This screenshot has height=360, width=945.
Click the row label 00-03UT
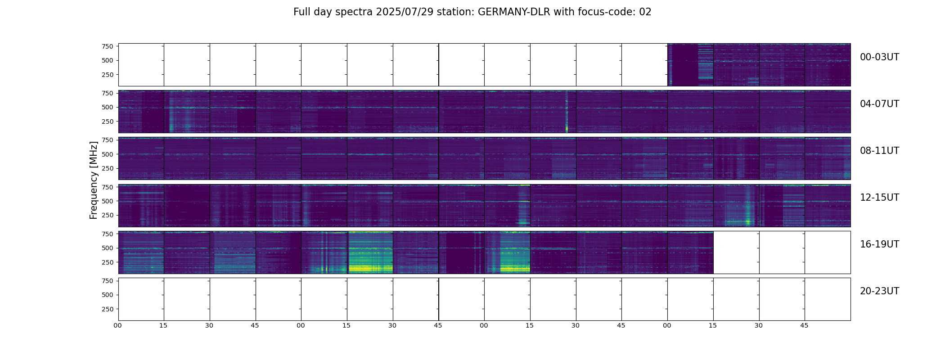tap(879, 57)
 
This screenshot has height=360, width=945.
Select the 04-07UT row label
tap(879, 104)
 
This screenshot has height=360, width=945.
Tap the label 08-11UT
tap(879, 151)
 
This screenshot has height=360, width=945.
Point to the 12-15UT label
tap(879, 198)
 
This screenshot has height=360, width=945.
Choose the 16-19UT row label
tap(879, 244)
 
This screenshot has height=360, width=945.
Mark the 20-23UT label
tap(879, 291)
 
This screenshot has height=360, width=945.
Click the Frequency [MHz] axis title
tap(94, 180)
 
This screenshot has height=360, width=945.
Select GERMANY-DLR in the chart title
tap(513, 12)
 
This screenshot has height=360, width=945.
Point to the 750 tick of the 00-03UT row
tap(108, 46)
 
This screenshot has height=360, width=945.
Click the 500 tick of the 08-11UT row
tap(108, 154)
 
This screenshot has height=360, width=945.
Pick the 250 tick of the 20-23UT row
tap(108, 309)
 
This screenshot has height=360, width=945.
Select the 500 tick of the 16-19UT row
tap(108, 248)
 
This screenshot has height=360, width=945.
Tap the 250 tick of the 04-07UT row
tap(108, 121)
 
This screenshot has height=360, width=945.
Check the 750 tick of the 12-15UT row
tap(108, 187)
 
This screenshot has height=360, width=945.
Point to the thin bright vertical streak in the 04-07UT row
tap(567, 112)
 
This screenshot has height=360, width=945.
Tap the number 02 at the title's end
tap(645, 12)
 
